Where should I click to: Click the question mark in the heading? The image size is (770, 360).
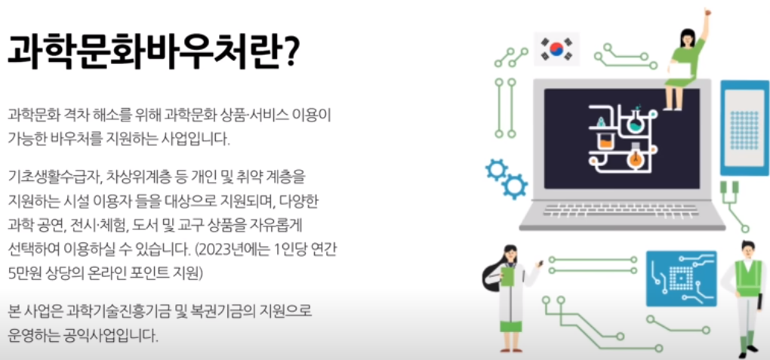coord(288,52)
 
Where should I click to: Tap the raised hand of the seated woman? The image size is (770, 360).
coord(706,17)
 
